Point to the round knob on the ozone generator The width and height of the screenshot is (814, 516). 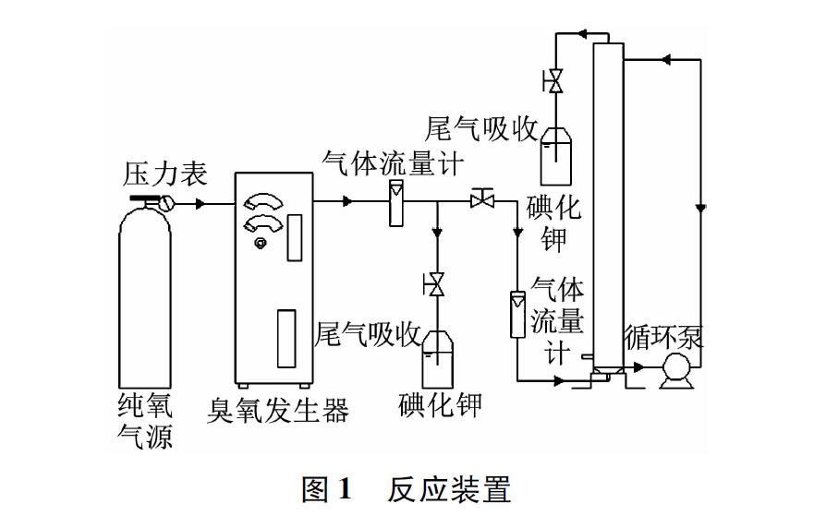[x=261, y=243]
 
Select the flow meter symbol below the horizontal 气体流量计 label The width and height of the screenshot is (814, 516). [x=395, y=202]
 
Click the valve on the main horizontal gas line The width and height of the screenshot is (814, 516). [x=480, y=199]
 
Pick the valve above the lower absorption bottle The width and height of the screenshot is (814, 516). [x=434, y=286]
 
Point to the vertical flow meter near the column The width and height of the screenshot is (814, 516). [x=516, y=315]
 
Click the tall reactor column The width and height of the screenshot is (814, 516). [x=605, y=203]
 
